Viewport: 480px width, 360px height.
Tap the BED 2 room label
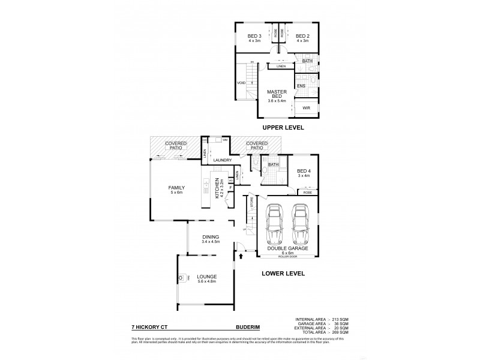coord(302,36)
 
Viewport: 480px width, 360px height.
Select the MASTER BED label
coord(276,94)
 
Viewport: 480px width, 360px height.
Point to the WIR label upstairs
coord(307,109)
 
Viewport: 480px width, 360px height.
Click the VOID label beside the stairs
coord(241,83)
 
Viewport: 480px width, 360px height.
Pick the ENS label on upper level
coord(301,86)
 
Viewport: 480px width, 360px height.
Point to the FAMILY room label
coord(175,188)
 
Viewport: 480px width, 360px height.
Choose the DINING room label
coord(210,236)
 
